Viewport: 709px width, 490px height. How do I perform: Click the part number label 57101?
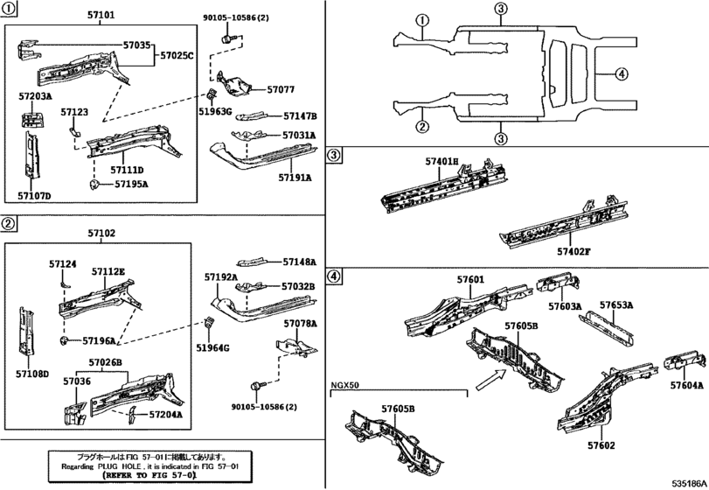pyautogui.click(x=98, y=15)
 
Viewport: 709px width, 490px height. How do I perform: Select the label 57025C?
pyautogui.click(x=176, y=55)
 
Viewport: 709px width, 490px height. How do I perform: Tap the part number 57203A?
pyautogui.click(x=36, y=96)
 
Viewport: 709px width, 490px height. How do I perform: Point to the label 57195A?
pyautogui.click(x=129, y=184)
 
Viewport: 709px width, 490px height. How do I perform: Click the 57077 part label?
pyautogui.click(x=281, y=89)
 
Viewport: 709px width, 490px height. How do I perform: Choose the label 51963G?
pyautogui.click(x=215, y=111)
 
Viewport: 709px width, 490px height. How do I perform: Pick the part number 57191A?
pyautogui.click(x=295, y=178)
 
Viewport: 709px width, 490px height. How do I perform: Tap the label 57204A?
pyautogui.click(x=165, y=415)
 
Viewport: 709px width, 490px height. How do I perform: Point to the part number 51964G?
pyautogui.click(x=213, y=348)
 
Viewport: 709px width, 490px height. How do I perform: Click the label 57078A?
pyautogui.click(x=299, y=323)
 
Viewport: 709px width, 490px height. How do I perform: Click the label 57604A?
pyautogui.click(x=687, y=386)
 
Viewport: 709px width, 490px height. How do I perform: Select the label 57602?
pyautogui.click(x=601, y=445)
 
